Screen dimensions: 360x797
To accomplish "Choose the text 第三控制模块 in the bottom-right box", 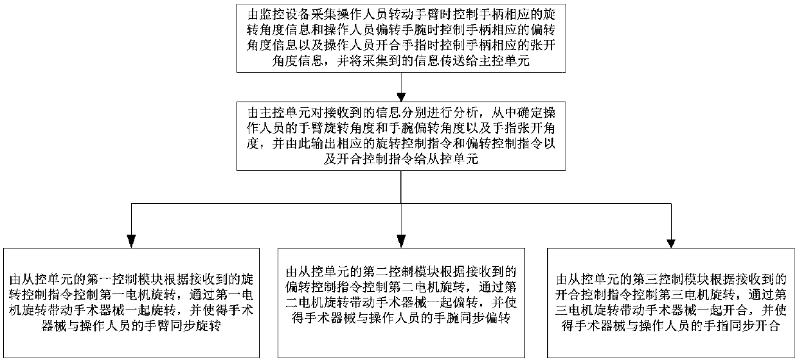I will click(663, 280).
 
